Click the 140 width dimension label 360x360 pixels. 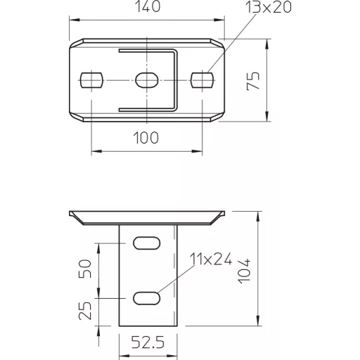click(x=148, y=6)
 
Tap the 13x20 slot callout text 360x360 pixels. click(x=268, y=6)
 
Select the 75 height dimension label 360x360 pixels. click(x=253, y=81)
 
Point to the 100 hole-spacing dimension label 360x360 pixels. click(x=146, y=138)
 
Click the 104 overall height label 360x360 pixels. click(x=244, y=271)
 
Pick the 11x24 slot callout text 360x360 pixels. click(x=211, y=259)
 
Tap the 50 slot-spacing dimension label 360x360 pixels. click(x=84, y=269)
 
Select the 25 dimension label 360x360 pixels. click(x=84, y=311)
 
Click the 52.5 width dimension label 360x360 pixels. click(x=148, y=342)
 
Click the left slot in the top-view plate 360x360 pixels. click(x=91, y=80)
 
